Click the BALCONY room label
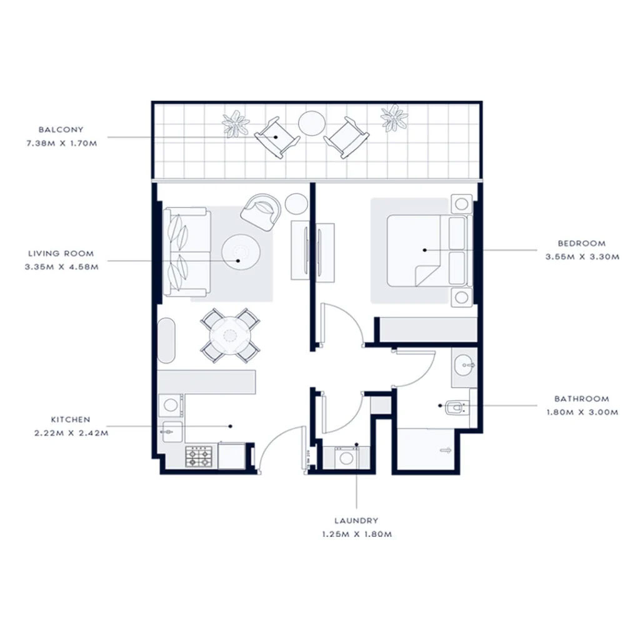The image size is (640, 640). click(61, 130)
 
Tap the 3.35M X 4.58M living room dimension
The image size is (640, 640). click(61, 266)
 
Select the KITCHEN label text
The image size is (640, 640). click(71, 420)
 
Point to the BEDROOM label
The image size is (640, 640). click(582, 243)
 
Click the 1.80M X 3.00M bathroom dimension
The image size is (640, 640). click(581, 412)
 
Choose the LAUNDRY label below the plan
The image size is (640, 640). click(356, 520)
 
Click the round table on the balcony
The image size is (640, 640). click(311, 123)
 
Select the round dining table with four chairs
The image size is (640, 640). click(230, 336)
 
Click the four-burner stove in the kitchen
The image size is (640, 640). click(200, 457)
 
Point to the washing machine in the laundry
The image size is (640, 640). click(344, 457)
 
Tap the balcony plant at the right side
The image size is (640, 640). click(394, 117)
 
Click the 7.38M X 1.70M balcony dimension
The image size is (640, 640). click(61, 142)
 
